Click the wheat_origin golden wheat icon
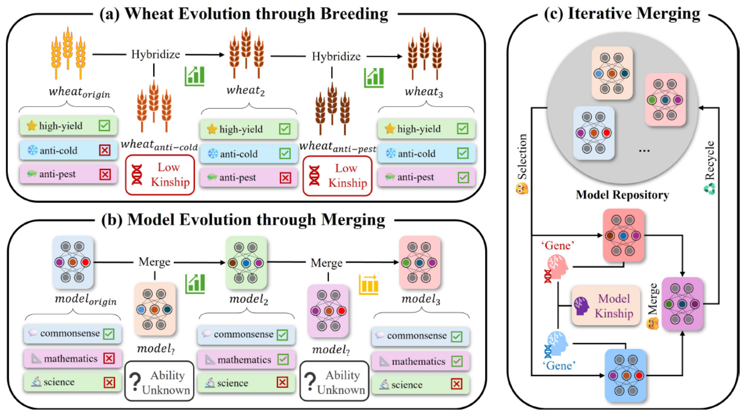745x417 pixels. click(68, 53)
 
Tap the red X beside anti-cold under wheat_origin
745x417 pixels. click(105, 150)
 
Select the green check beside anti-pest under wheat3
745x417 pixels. click(463, 177)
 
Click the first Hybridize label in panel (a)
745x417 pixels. click(155, 54)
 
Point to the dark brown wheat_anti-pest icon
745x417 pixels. click(332, 110)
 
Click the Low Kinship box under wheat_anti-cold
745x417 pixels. click(160, 175)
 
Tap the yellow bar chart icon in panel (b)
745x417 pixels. click(369, 284)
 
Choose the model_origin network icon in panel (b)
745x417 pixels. click(73, 262)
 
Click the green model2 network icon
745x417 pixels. click(246, 263)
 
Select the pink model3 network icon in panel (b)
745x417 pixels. click(419, 263)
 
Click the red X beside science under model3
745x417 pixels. click(457, 384)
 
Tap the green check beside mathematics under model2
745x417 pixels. click(283, 359)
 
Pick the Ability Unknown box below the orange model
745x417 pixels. click(159, 382)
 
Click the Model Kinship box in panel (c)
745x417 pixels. click(606, 306)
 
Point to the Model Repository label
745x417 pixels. click(622, 195)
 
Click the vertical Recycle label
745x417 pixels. click(710, 160)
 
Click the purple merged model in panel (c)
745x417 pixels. click(682, 304)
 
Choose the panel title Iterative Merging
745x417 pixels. click(622, 14)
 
